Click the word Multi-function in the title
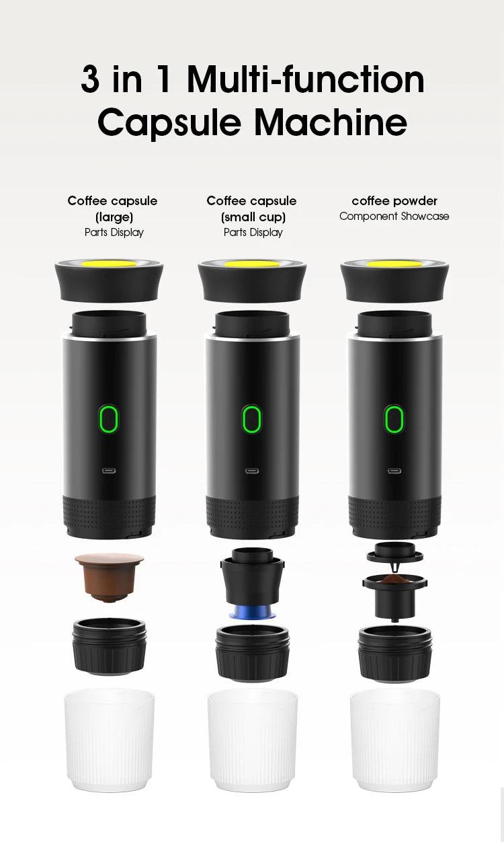click(x=306, y=80)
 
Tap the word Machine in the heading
click(x=331, y=122)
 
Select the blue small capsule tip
click(x=251, y=613)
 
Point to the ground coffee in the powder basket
click(x=394, y=578)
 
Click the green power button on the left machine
click(x=109, y=419)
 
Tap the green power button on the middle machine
click(x=251, y=419)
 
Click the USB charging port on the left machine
click(x=109, y=471)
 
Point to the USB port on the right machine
click(x=394, y=471)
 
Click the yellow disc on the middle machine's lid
click(x=251, y=264)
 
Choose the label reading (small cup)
click(x=253, y=217)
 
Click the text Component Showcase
click(x=394, y=217)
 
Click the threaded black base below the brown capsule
click(x=109, y=646)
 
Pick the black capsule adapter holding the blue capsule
click(x=251, y=578)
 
